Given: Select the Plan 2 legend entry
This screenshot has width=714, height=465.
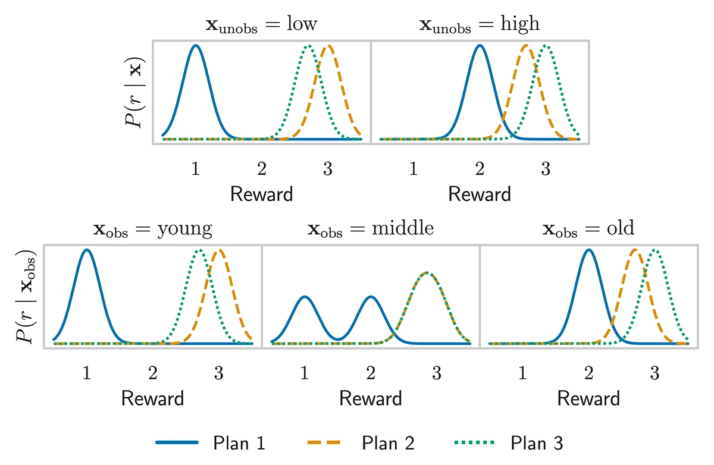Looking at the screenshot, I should click(360, 443).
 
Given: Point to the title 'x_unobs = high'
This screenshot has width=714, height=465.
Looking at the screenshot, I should click(480, 24).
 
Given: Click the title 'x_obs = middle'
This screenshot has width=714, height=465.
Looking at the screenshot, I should click(370, 229).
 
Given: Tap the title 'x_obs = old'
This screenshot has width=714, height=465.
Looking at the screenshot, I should click(588, 229).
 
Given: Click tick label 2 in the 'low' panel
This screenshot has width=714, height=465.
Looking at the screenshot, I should click(262, 168).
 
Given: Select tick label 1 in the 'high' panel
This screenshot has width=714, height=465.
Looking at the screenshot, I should click(414, 168).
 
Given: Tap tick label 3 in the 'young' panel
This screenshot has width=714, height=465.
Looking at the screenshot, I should click(218, 373).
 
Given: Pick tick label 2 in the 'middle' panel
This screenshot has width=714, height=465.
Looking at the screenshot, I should click(370, 373).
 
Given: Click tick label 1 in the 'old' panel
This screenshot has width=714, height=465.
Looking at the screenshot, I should click(522, 373).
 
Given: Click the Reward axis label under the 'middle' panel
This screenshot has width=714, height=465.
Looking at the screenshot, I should click(370, 398).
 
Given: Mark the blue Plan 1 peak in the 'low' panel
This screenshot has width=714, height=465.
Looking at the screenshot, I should click(196, 45).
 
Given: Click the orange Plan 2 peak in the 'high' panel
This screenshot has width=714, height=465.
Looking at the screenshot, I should click(525, 45).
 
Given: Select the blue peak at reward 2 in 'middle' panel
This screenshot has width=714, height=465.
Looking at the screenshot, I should click(371, 296).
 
